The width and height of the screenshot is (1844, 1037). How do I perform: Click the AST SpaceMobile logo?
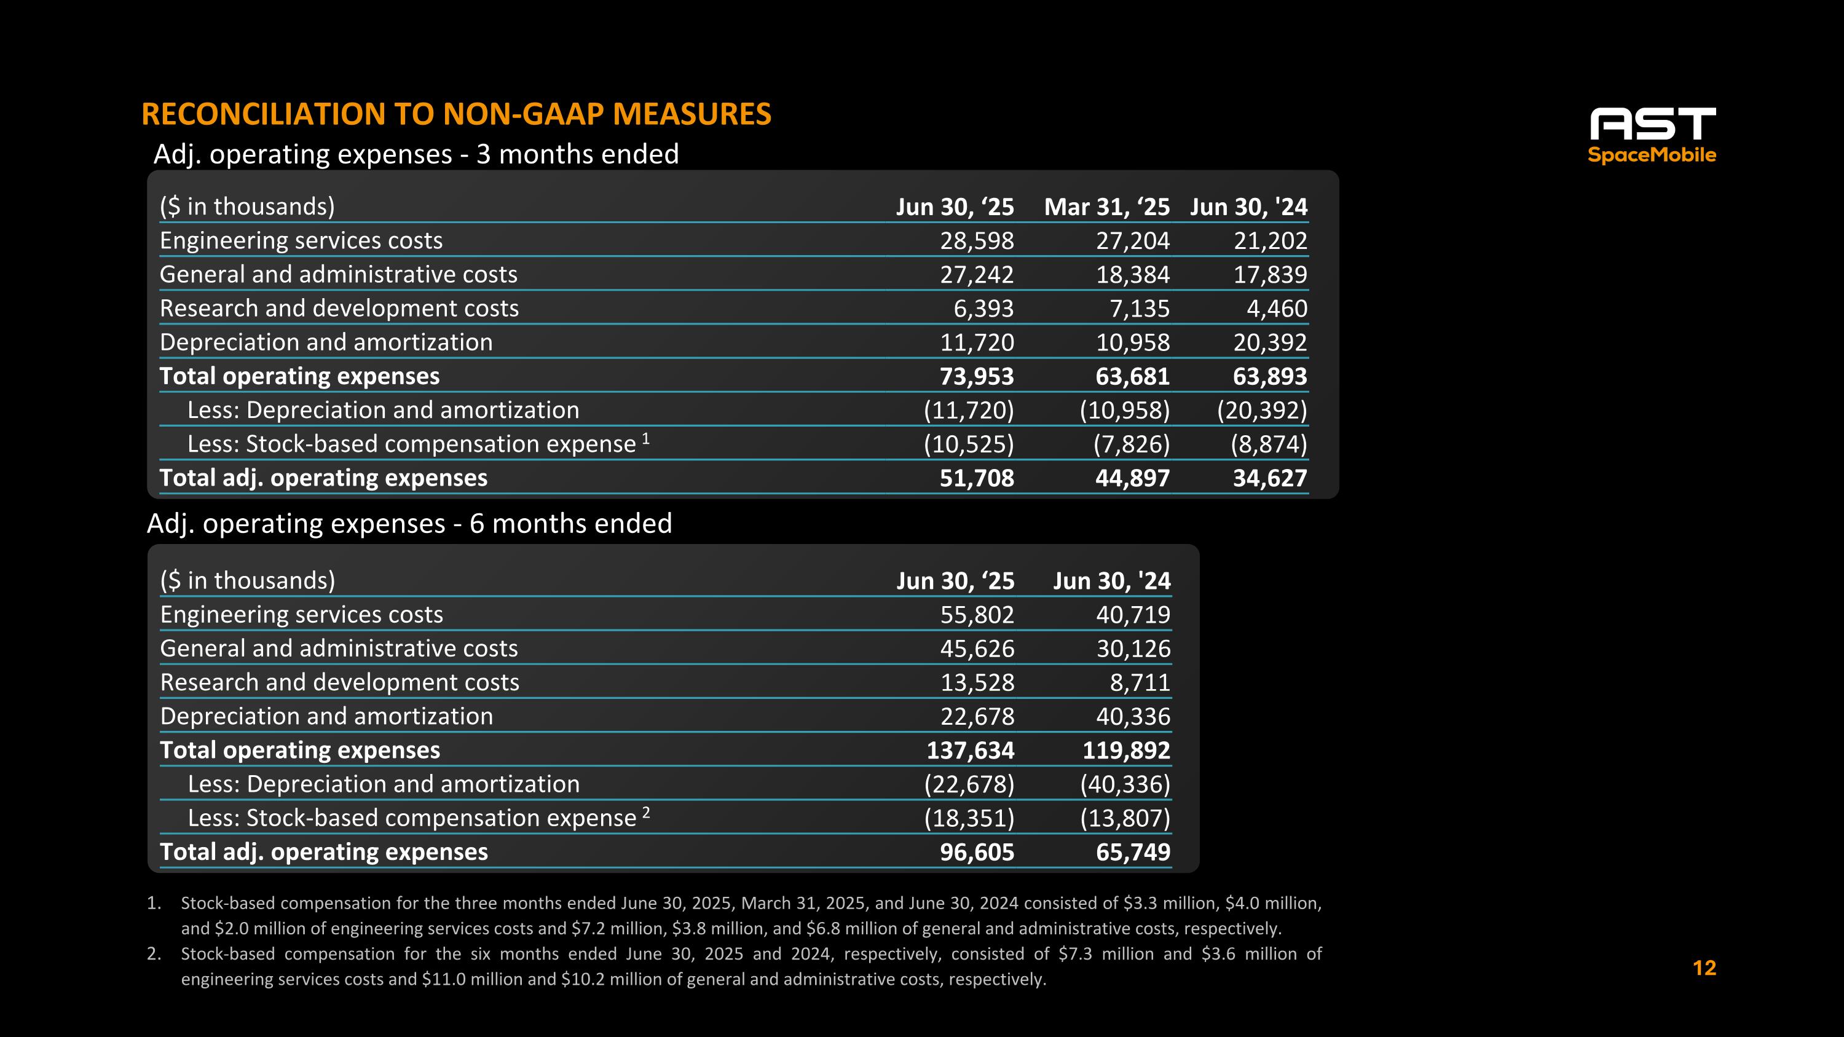click(1652, 135)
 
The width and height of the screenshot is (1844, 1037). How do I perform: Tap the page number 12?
click(1704, 968)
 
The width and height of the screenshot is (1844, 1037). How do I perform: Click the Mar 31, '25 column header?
click(1106, 207)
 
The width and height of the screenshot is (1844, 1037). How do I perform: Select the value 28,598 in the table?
click(977, 240)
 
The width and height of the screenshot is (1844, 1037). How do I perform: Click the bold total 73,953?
click(977, 376)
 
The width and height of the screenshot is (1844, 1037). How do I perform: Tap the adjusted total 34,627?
click(1269, 478)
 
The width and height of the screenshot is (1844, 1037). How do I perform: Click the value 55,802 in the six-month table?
click(977, 615)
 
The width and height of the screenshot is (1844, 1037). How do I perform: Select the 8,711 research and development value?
click(1140, 683)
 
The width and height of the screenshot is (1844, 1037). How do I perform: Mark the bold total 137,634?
click(970, 751)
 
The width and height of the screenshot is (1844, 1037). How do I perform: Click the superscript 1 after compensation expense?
click(645, 439)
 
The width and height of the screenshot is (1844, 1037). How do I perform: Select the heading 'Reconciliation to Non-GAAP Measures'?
click(456, 114)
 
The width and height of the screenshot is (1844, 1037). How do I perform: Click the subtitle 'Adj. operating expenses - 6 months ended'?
click(409, 524)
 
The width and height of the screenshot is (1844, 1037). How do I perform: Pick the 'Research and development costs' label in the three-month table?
click(339, 309)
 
